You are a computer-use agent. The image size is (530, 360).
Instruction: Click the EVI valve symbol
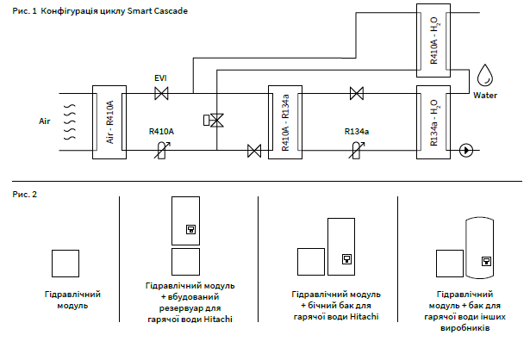pos(160,93)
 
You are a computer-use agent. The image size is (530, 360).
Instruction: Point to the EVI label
pos(160,78)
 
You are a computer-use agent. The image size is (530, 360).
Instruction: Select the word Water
pos(486,95)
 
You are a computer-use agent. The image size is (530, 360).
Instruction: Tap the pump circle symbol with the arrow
pos(466,150)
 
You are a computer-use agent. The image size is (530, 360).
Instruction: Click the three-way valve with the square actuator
pos(215,121)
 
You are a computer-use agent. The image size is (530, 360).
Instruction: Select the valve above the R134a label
pos(356,93)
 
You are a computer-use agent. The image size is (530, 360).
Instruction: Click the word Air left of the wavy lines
pos(46,121)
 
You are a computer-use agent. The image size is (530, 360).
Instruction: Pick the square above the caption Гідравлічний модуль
pos(66,264)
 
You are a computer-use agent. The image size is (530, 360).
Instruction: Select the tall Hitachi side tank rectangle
pos(340,245)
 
